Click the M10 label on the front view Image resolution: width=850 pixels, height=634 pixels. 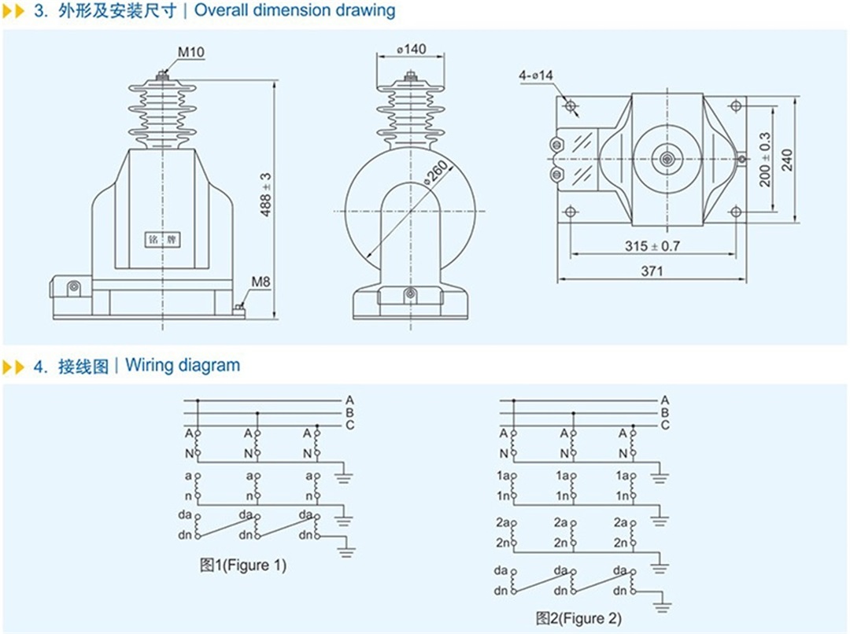pyautogui.click(x=190, y=53)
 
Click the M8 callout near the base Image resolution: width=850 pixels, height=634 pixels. pyautogui.click(x=261, y=281)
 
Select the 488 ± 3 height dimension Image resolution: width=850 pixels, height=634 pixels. pyautogui.click(x=267, y=196)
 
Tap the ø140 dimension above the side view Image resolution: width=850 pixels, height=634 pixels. pyautogui.click(x=411, y=49)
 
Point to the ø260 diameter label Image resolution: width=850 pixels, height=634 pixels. pyautogui.click(x=436, y=171)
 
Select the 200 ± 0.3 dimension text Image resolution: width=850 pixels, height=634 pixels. pyautogui.click(x=765, y=159)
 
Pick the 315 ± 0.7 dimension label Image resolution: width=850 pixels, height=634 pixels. pyautogui.click(x=652, y=246)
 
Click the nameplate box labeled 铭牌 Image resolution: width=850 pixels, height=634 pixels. pyautogui.click(x=162, y=239)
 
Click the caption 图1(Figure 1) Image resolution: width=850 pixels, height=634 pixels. pyautogui.click(x=243, y=565)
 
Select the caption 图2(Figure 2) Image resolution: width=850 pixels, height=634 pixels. pyautogui.click(x=578, y=618)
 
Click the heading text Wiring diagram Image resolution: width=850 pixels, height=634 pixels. pyautogui.click(x=183, y=365)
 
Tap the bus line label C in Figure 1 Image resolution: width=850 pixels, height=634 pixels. pyautogui.click(x=349, y=426)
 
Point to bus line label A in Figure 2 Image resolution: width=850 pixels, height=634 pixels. pyautogui.click(x=665, y=400)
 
